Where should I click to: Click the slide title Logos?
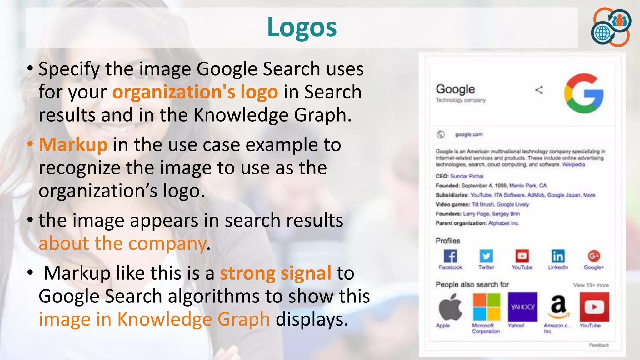coord(302,27)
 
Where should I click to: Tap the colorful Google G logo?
coord(583,93)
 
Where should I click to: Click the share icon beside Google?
coord(539,90)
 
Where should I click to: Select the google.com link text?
coord(469,134)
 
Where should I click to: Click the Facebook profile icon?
coord(450,256)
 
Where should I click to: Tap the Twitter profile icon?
coord(486,256)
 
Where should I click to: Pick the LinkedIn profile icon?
coord(558,256)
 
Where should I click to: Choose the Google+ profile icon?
coord(594,256)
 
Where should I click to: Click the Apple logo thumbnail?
coord(450,307)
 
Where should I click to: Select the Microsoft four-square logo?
coord(486,307)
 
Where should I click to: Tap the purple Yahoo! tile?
coord(522,307)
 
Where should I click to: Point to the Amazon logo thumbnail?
coord(558,307)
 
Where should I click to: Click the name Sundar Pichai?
coord(467,176)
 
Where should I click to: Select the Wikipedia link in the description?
coord(573,164)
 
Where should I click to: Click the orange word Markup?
coord(73,145)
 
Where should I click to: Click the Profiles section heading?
coord(448,241)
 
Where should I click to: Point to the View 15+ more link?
coord(591,285)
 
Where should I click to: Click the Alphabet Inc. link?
coord(503,223)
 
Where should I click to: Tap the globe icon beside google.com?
coord(441,134)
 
